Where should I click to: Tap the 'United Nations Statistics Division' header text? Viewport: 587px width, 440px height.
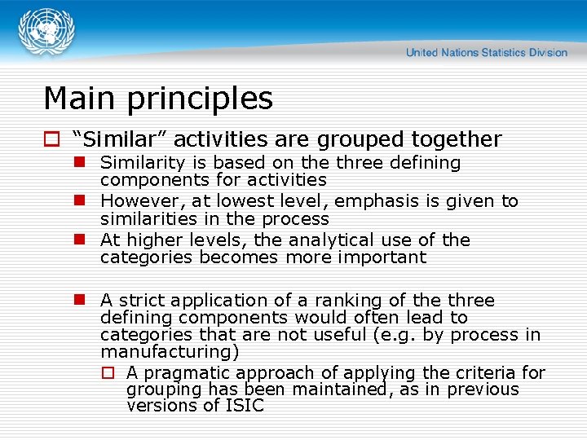(486, 52)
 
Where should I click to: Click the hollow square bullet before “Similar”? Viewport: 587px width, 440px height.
(51, 140)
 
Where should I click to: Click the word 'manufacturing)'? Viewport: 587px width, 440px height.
(170, 352)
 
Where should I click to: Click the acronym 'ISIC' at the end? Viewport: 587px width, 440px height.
(244, 406)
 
